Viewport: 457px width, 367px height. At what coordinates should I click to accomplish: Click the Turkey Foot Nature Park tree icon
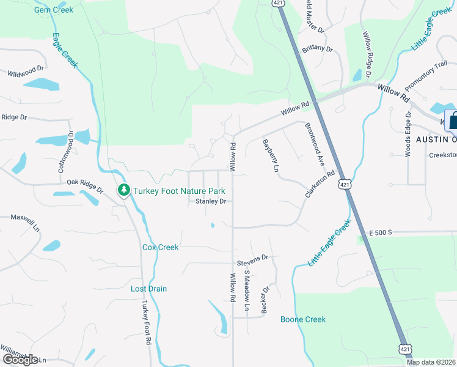pos(125,190)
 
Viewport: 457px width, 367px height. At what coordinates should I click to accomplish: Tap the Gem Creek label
pos(54,10)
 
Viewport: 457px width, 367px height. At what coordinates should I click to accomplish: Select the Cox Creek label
pos(160,247)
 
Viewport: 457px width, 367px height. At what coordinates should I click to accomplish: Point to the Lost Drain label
pos(148,289)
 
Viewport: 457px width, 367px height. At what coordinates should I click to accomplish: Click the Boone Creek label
pos(303,319)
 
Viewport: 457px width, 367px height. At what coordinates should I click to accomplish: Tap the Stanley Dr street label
pos(211,201)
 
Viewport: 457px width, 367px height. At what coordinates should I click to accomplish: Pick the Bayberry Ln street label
pos(271,155)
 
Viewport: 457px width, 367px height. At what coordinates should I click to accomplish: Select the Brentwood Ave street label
pos(314,145)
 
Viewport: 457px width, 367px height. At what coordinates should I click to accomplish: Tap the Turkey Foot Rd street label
pos(146,324)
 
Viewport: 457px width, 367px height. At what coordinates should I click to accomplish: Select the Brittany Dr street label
pos(317,48)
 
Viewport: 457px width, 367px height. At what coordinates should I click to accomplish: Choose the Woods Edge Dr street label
pos(408,135)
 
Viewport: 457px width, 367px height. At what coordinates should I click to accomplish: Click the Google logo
pos(20,360)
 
